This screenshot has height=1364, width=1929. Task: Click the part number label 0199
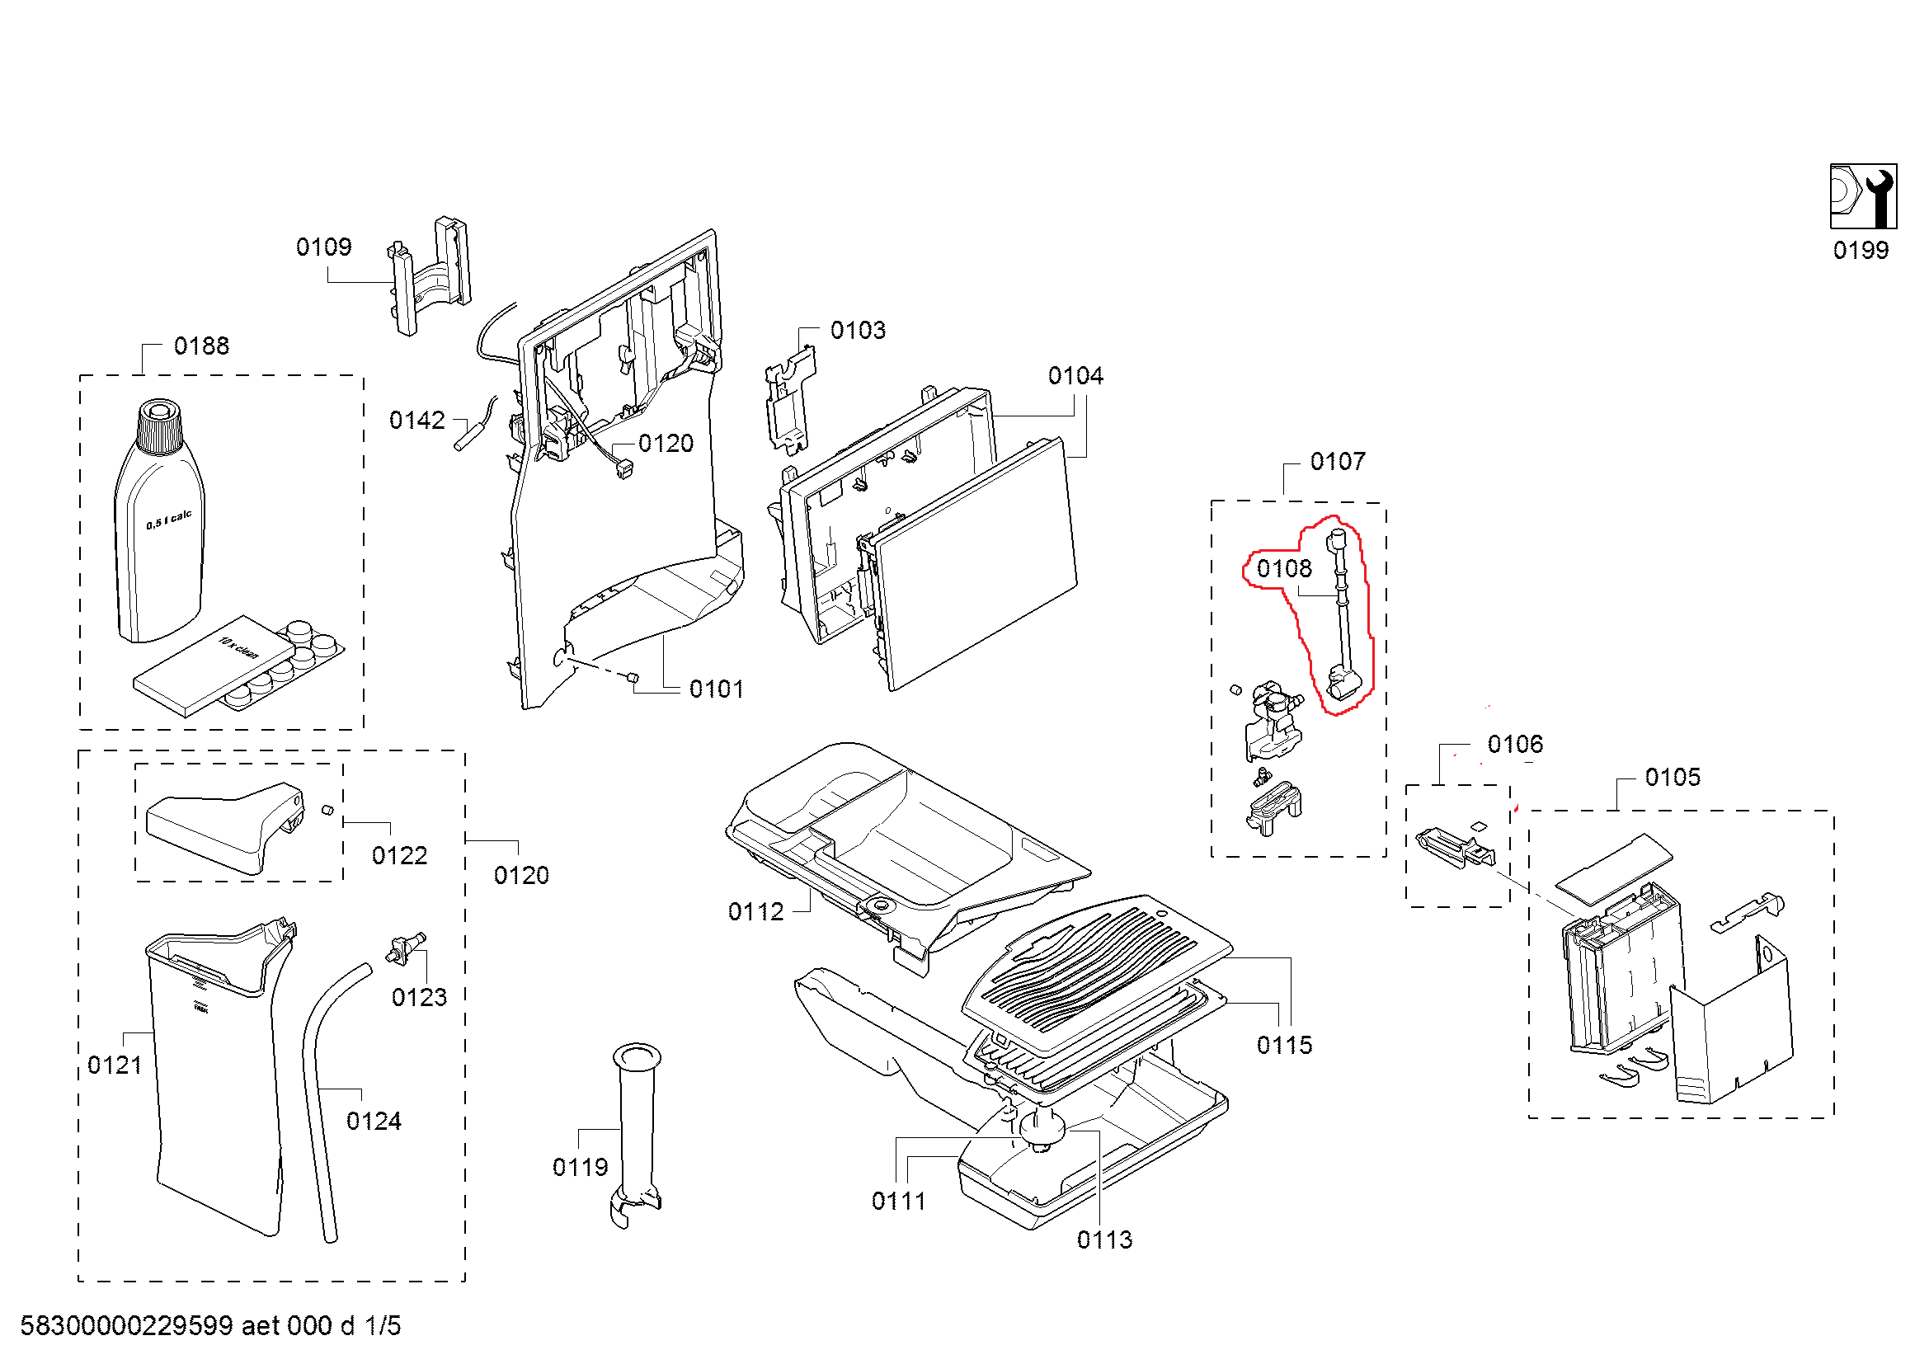point(1860,251)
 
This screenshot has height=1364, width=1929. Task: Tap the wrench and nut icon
point(1863,196)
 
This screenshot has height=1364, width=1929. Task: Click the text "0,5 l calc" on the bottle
point(169,520)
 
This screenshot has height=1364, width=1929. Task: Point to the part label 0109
point(323,247)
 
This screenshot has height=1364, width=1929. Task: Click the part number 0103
point(858,330)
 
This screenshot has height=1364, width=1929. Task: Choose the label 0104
point(1075,375)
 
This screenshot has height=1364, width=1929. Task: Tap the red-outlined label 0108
point(1284,570)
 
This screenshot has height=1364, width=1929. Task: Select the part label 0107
point(1338,461)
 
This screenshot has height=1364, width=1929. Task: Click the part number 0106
point(1515,744)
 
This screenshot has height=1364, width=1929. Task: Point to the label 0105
point(1672,777)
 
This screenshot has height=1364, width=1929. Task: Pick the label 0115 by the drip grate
point(1284,1045)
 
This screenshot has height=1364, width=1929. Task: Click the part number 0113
point(1104,1239)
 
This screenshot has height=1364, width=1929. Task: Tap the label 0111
point(898,1201)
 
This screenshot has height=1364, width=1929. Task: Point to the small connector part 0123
point(406,948)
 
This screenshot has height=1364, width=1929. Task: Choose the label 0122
point(399,855)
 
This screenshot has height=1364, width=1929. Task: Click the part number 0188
point(200,346)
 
